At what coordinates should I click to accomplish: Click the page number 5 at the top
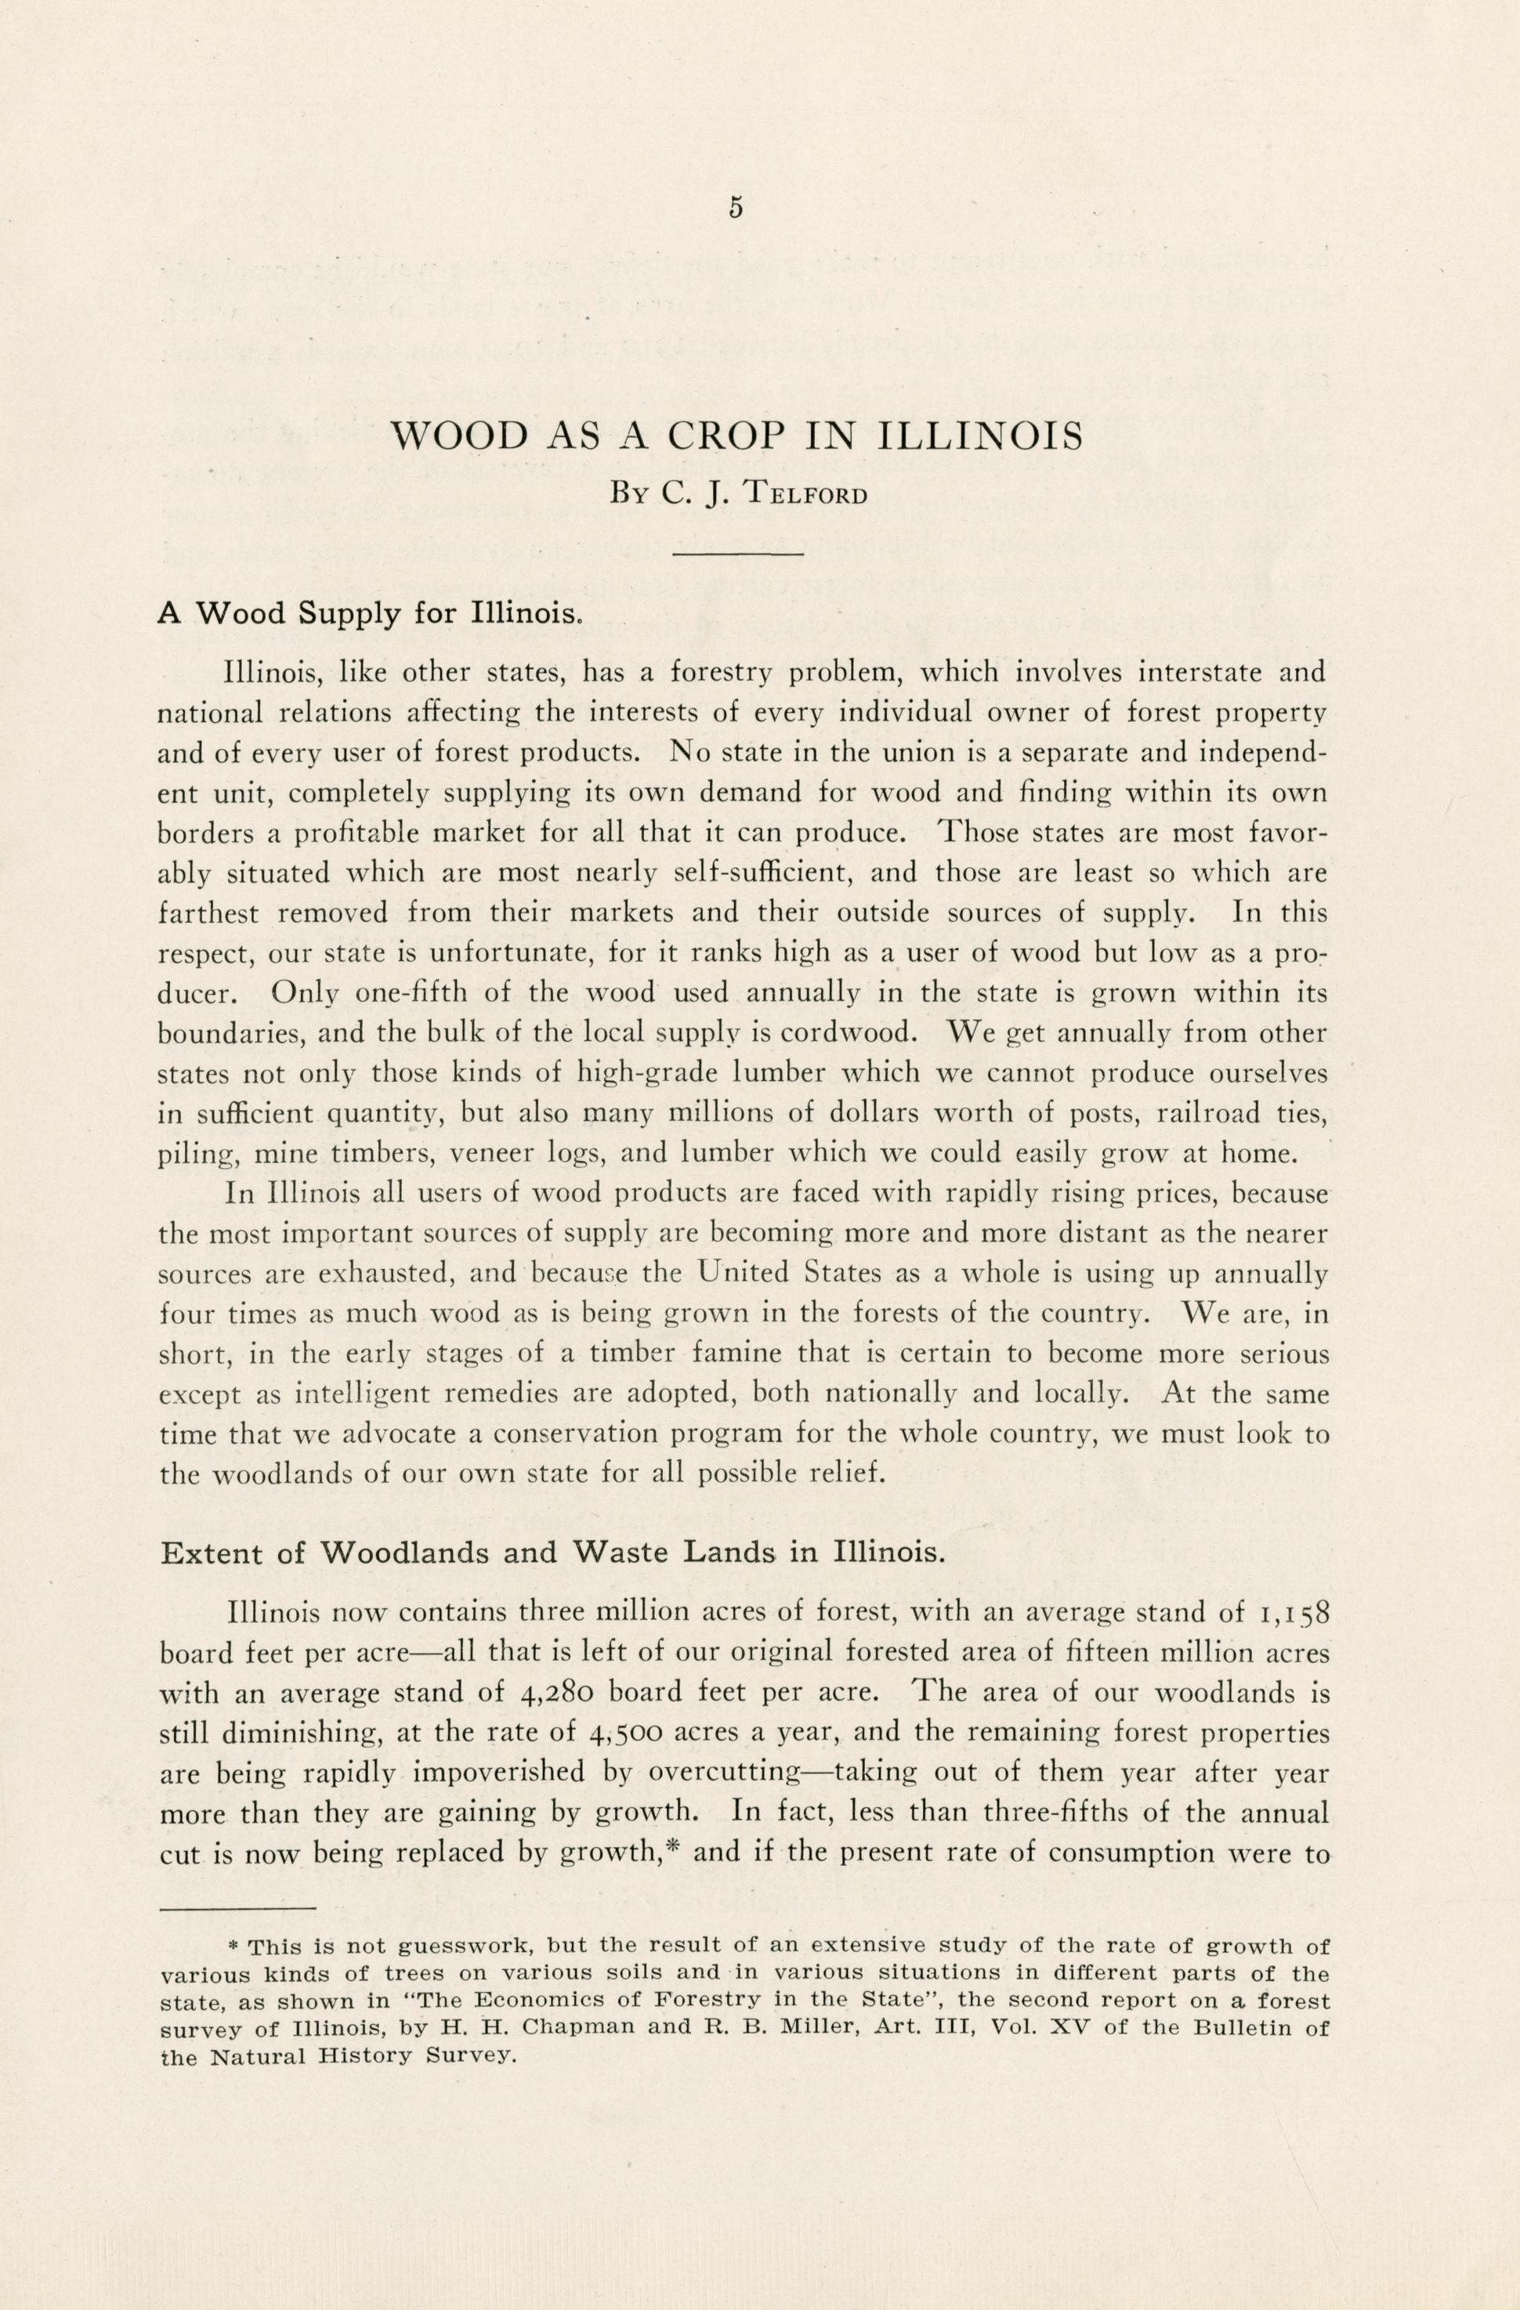[x=735, y=208]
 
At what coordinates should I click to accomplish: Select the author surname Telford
[x=805, y=494]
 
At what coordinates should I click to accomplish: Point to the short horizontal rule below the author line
[x=738, y=555]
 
